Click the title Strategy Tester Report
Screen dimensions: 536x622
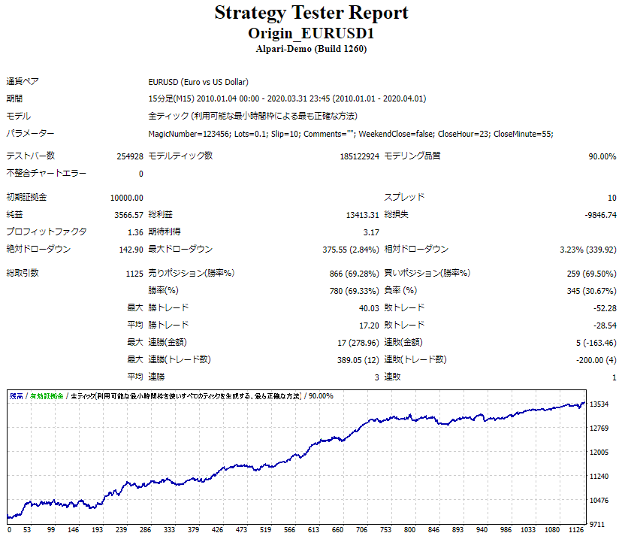pyautogui.click(x=311, y=13)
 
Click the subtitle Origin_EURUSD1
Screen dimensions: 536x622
pyautogui.click(x=311, y=34)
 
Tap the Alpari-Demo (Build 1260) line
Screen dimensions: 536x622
pyautogui.click(x=311, y=49)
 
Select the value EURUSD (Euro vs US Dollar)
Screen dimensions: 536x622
pyautogui.click(x=198, y=82)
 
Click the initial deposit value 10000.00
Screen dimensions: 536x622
pyautogui.click(x=126, y=198)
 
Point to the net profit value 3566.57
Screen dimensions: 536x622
pyautogui.click(x=128, y=215)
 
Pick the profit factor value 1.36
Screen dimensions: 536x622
pyautogui.click(x=135, y=232)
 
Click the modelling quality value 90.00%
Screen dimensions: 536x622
pyautogui.click(x=602, y=156)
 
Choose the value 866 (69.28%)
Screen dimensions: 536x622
pyautogui.click(x=354, y=274)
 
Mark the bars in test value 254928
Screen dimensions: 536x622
pyautogui.click(x=129, y=156)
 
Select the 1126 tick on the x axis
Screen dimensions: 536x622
pyautogui.click(x=577, y=529)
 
